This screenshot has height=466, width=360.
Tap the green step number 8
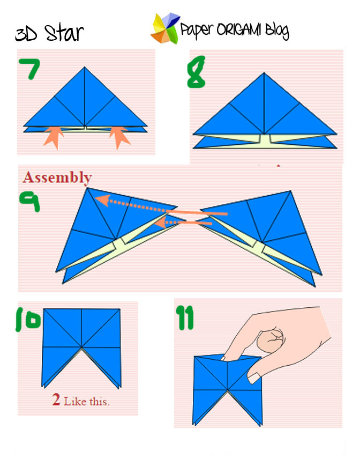point(196,72)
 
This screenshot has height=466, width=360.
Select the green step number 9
point(29,201)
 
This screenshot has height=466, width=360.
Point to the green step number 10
point(28,320)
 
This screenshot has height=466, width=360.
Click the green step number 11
point(185,317)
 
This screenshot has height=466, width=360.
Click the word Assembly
point(57,178)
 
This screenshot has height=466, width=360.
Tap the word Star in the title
point(64,33)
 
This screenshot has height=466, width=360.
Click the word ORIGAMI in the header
point(239,29)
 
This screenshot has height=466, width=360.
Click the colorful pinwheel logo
point(165,28)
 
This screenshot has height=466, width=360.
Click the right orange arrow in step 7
point(119,137)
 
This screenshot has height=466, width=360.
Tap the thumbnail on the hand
point(254,378)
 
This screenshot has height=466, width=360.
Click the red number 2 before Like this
point(56,400)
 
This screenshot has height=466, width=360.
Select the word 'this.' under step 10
point(100,402)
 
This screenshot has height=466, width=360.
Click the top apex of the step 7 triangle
point(85,67)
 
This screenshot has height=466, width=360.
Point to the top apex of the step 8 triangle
point(264,72)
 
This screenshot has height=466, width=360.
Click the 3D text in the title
point(26,35)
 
